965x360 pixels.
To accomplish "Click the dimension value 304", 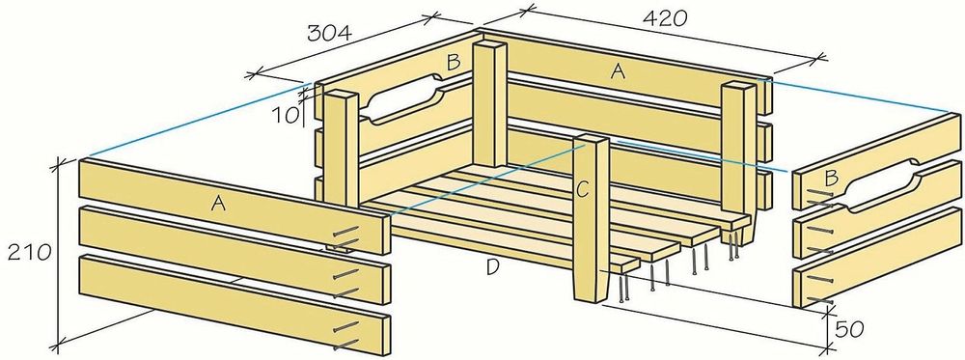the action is tap(329, 33).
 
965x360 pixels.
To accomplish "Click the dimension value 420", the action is tap(664, 18).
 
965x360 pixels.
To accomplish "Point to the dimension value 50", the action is tap(850, 330).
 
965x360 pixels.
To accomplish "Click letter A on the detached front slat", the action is tap(217, 205).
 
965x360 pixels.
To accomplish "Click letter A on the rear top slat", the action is tap(618, 72).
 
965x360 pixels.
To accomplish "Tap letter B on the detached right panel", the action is tap(831, 179).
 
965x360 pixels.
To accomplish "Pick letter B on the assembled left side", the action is tap(454, 62).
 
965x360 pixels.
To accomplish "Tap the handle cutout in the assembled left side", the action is tap(403, 98).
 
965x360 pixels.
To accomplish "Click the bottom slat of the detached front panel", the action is tap(234, 303).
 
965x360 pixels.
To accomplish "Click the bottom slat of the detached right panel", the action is tap(878, 259).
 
